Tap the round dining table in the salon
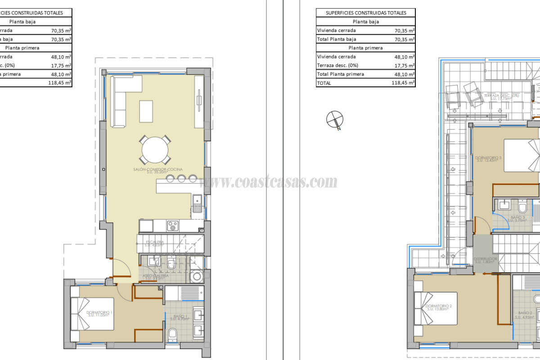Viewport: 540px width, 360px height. (155, 149)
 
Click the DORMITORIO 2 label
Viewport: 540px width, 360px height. (438, 307)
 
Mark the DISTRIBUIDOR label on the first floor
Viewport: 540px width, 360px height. (485, 261)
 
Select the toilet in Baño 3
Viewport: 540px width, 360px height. (522, 208)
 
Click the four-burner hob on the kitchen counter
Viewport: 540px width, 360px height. (173, 225)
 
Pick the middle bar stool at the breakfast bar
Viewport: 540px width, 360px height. (181, 179)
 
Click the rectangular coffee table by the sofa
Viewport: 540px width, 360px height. (146, 111)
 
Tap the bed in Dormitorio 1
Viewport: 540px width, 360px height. (92, 320)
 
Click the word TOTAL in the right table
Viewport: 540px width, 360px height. (324, 83)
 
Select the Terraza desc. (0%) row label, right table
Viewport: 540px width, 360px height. (337, 65)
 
